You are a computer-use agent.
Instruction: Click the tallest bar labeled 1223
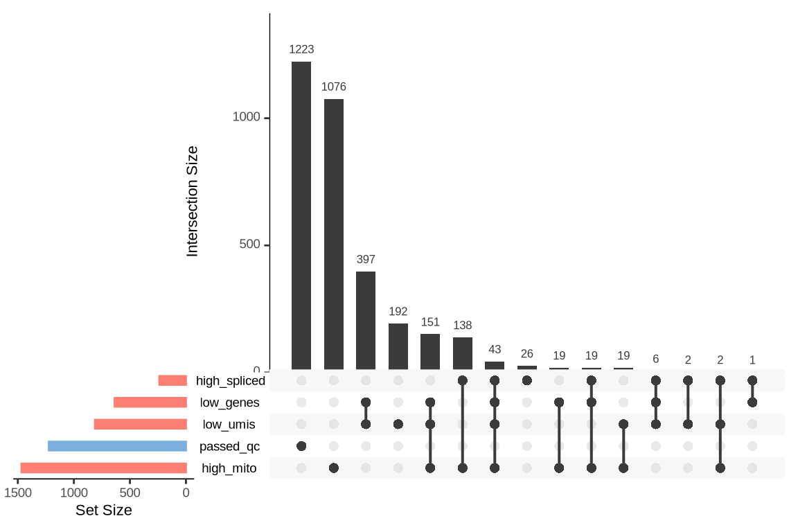[301, 215]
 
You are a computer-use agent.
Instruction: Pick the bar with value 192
[398, 346]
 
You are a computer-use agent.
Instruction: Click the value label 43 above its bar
[495, 350]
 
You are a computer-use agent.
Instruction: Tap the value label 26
[527, 354]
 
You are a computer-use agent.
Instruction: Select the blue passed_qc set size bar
[117, 446]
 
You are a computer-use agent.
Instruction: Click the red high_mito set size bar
[104, 468]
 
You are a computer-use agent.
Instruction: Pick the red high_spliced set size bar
[172, 380]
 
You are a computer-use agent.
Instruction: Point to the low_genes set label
[229, 402]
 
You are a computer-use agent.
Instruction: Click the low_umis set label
[229, 425]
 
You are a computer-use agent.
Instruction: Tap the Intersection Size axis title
[193, 201]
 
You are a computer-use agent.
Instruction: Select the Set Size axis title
[103, 511]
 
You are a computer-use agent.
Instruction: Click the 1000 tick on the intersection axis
[246, 117]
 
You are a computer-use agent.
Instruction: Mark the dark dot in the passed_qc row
[301, 446]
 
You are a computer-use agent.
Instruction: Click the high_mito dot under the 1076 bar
[333, 468]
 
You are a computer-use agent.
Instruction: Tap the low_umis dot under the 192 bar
[398, 424]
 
